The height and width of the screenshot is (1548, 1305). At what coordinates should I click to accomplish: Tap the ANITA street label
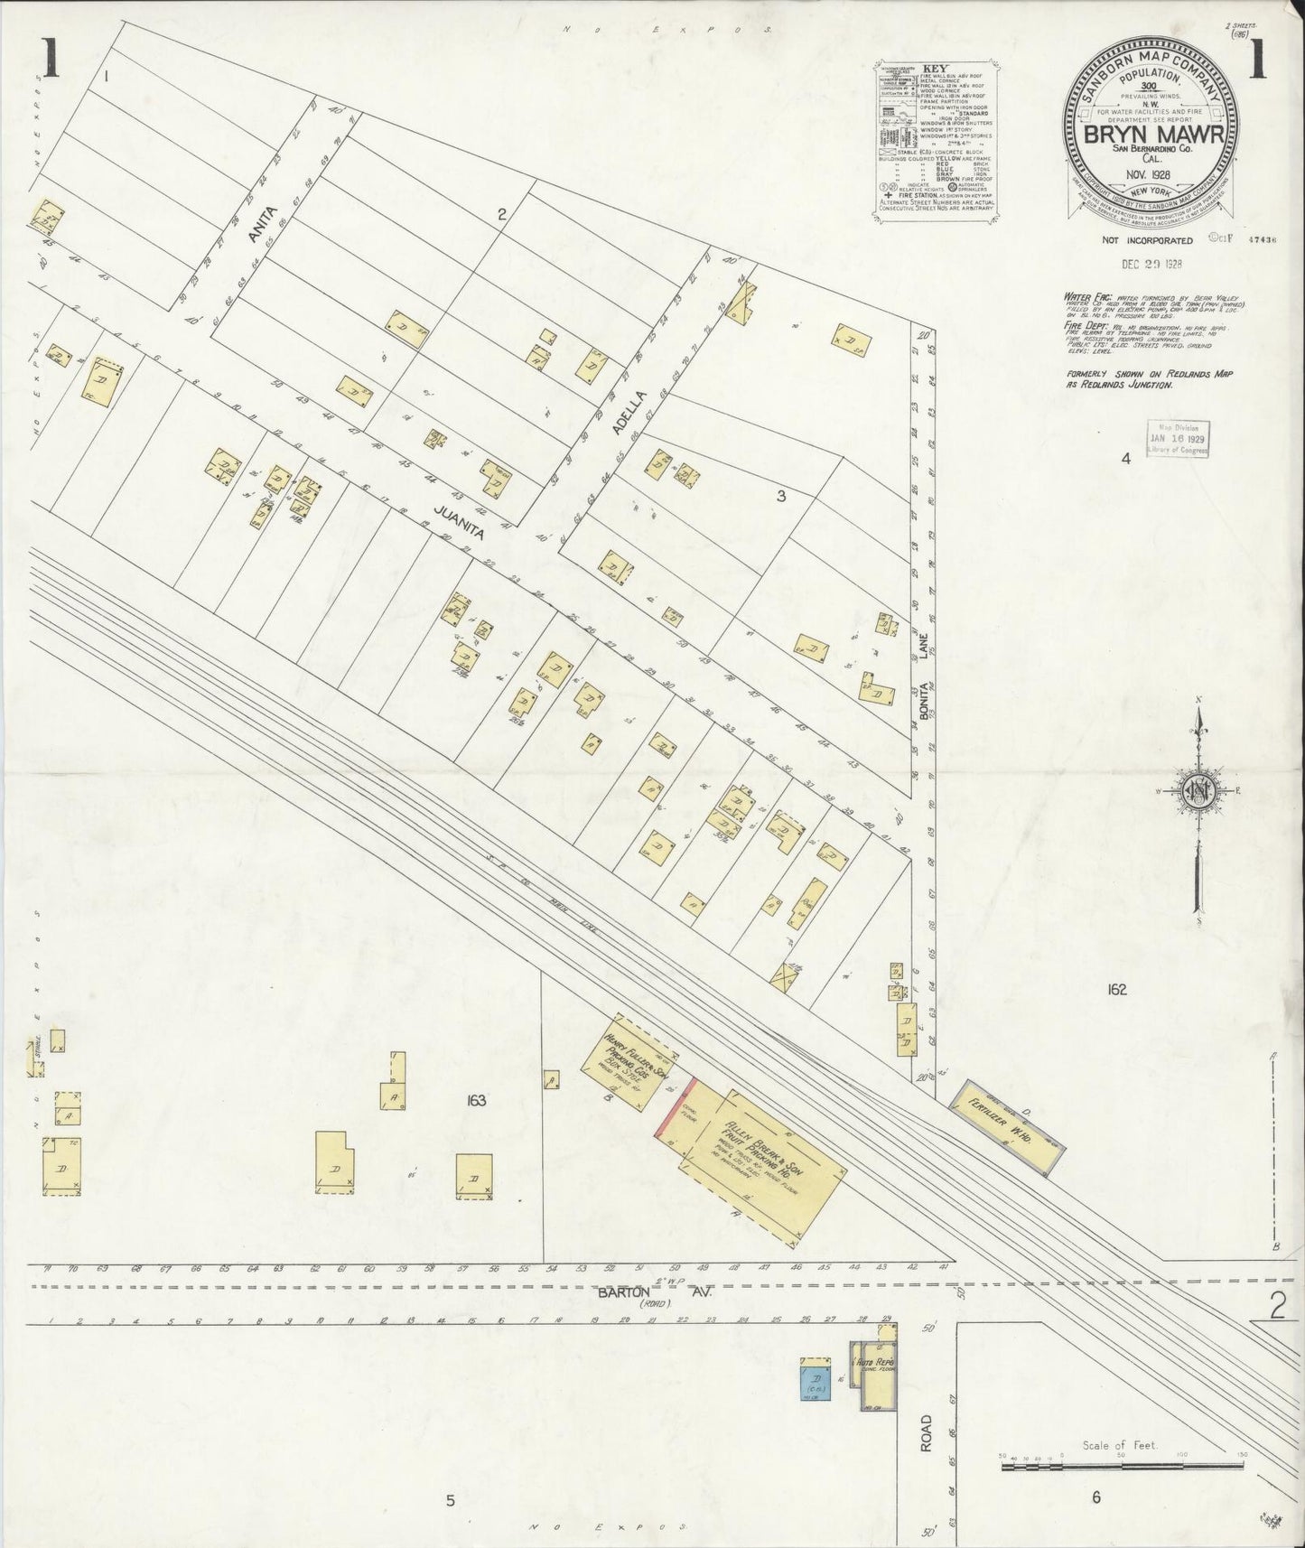(x=261, y=222)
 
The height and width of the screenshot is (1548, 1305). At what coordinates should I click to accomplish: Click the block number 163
(x=476, y=1100)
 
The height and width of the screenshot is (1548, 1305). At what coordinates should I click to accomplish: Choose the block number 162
(x=1116, y=989)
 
